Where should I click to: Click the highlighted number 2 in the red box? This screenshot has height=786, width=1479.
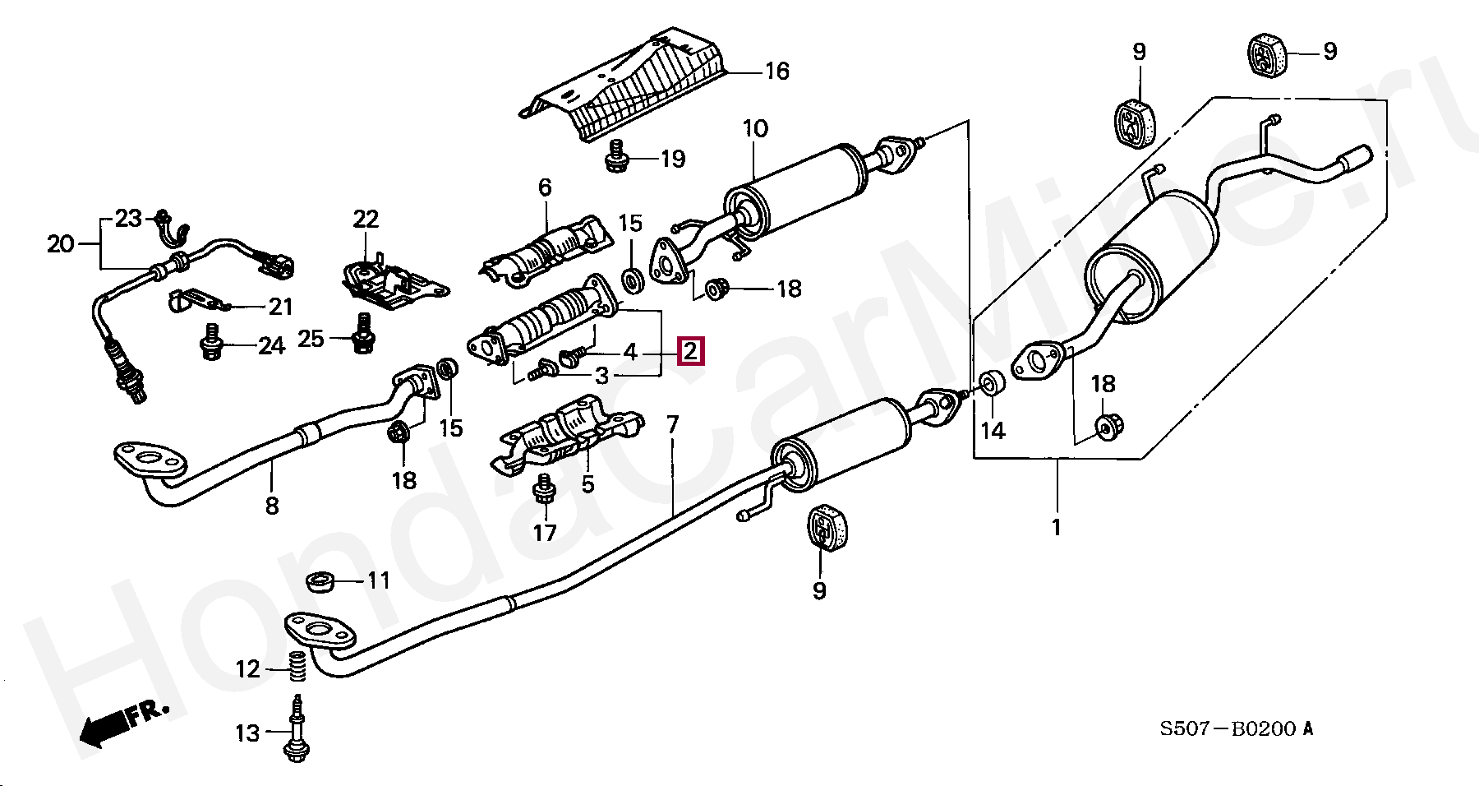[689, 352]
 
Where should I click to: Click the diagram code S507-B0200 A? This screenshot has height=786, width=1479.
[1236, 728]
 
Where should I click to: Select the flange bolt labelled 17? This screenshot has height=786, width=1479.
[543, 491]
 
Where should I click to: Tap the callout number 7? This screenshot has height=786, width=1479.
[672, 426]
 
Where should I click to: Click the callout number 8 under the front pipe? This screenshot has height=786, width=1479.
[272, 506]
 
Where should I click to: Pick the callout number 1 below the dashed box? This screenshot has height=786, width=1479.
[1057, 526]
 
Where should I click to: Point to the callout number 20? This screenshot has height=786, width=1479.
[60, 243]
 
